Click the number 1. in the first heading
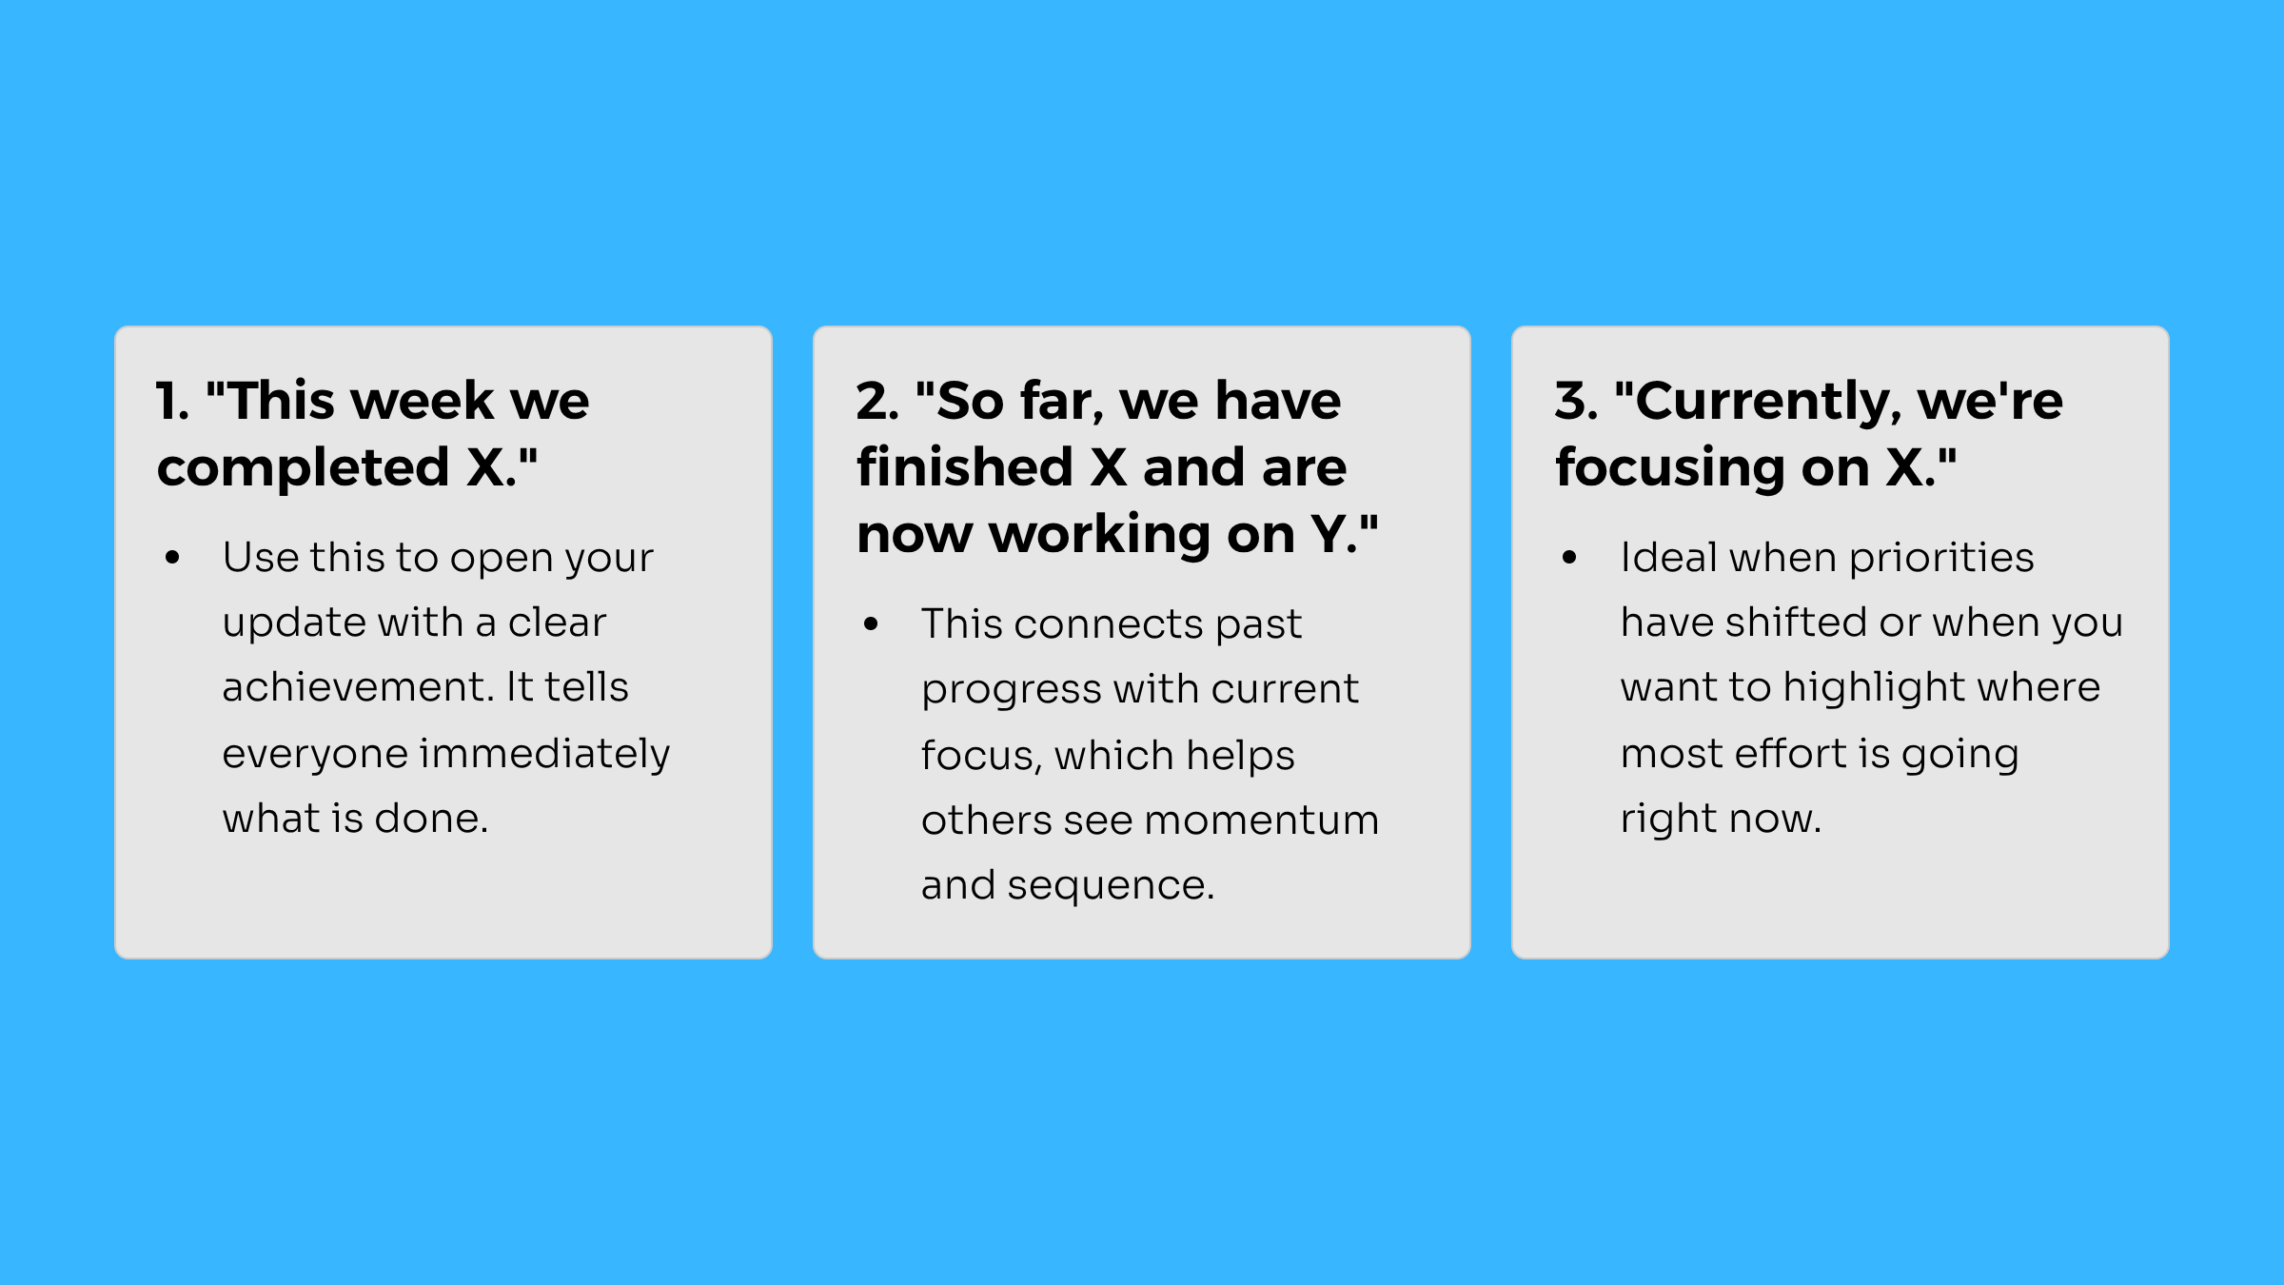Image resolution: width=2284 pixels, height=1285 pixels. point(173,400)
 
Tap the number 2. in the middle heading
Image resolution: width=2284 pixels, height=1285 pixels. point(877,400)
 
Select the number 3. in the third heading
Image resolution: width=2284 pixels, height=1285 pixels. point(1577,400)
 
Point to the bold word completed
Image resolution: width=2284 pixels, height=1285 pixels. point(304,468)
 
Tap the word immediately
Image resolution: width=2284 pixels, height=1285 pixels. point(545,754)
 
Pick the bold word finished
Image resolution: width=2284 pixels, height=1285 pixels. point(965,466)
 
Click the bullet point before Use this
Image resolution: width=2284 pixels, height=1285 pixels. point(172,559)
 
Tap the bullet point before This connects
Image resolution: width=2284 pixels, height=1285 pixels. point(871,625)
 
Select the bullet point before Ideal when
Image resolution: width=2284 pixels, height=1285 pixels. point(1569,559)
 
